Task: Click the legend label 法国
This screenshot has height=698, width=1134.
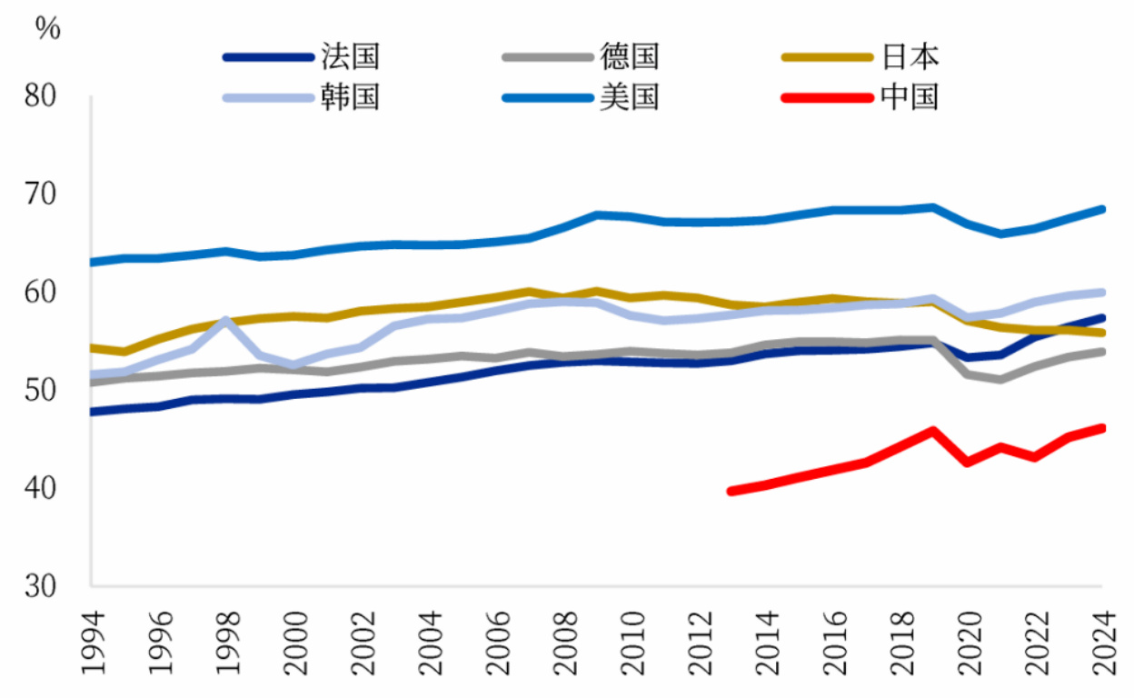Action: (x=350, y=57)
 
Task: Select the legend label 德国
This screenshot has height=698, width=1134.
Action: (x=629, y=57)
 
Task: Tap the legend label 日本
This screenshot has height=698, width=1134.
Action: (x=910, y=57)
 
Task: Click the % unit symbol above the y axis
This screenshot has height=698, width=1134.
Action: (x=48, y=27)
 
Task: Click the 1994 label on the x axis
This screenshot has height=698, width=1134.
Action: (x=92, y=642)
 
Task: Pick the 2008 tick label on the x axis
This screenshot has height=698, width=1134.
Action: (x=563, y=642)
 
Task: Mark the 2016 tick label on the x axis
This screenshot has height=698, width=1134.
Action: (x=833, y=642)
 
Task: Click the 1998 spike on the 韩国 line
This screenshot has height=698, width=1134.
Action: (x=225, y=321)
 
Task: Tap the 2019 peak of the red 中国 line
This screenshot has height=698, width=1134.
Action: (x=934, y=430)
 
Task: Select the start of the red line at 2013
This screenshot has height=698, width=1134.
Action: (x=731, y=491)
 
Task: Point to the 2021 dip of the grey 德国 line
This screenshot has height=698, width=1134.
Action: (x=1001, y=379)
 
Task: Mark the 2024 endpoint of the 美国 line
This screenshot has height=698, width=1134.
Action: (x=1102, y=209)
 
